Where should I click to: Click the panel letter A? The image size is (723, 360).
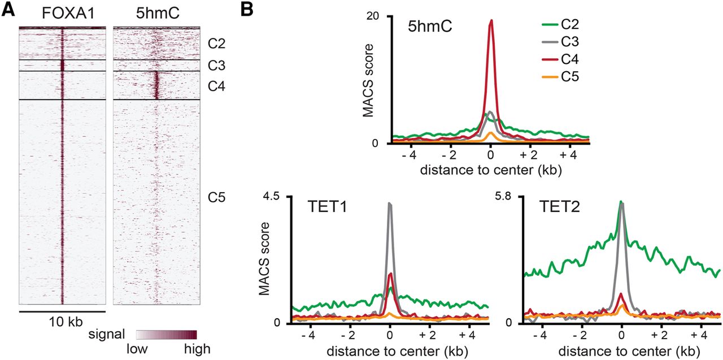8,10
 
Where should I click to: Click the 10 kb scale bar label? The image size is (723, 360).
62,322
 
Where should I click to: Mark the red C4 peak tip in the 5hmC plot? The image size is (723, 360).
491,20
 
